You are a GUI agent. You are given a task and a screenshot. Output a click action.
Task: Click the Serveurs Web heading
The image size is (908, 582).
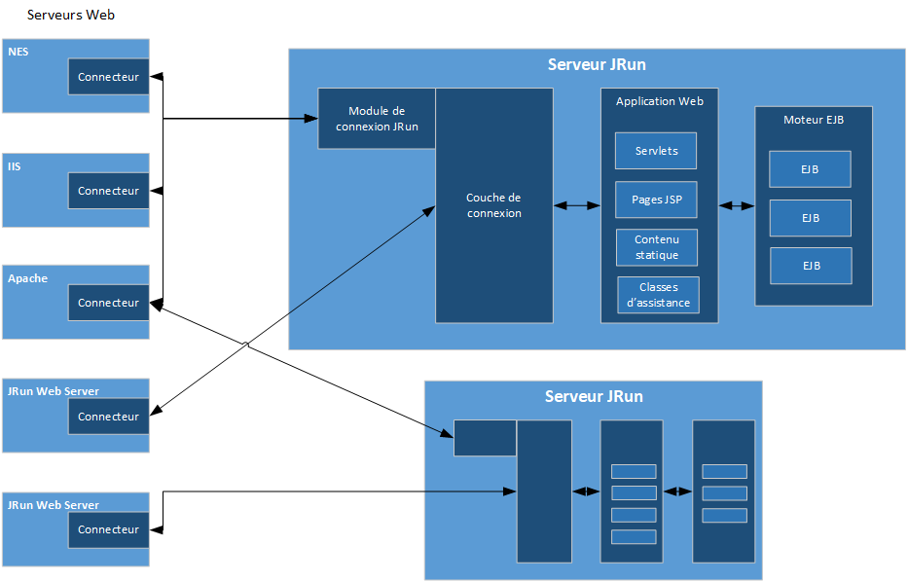coord(72,16)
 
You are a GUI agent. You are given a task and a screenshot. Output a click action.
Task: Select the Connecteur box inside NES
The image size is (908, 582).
coord(108,77)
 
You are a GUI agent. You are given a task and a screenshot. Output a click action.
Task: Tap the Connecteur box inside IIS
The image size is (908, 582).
coord(108,191)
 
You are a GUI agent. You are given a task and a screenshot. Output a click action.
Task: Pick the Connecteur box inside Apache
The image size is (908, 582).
coord(108,303)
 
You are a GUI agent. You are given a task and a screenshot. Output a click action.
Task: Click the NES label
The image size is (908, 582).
coord(18,51)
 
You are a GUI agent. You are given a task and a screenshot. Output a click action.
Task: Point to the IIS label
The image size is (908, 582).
coord(15,166)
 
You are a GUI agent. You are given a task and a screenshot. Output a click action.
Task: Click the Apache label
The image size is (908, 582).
coord(27,278)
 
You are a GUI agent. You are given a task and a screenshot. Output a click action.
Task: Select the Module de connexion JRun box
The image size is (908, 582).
coord(377,119)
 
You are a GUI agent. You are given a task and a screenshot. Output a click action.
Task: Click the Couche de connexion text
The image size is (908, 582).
coord(493,205)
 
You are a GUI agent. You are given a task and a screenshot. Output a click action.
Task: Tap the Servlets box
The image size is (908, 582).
coord(656,151)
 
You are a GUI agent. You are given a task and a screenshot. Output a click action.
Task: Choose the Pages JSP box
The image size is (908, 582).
coord(656,200)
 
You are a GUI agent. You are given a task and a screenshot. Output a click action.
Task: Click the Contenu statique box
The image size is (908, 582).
coord(656,247)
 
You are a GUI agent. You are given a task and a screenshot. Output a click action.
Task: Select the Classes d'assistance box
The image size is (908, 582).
coord(658,295)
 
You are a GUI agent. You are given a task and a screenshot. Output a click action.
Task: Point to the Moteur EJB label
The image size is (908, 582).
coord(813,120)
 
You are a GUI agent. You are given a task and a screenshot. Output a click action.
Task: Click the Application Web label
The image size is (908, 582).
coord(659,101)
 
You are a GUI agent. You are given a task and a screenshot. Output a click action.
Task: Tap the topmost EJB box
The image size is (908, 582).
coord(810,169)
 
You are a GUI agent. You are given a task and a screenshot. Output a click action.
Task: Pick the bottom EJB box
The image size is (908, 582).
coord(810,266)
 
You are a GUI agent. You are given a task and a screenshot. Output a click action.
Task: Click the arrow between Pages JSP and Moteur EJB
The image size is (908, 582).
coord(737,205)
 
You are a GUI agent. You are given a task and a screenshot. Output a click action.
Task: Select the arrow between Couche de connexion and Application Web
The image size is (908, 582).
coord(576,205)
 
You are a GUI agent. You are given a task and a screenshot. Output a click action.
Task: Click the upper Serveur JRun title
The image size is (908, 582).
coord(597,65)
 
